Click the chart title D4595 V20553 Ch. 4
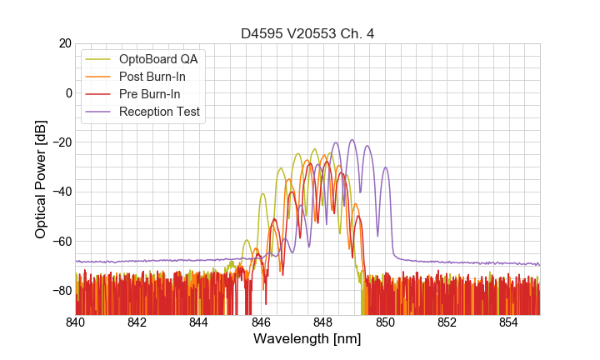point(307,34)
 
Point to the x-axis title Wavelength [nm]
point(307,339)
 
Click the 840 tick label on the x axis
point(76,322)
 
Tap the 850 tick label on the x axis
point(385,322)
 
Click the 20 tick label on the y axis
point(64,43)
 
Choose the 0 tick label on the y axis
point(67,92)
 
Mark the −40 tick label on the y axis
point(60,192)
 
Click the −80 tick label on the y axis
point(60,291)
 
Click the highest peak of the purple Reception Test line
point(352,140)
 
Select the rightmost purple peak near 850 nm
point(385,168)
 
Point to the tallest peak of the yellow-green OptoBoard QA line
point(314,149)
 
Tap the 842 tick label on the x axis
point(137,322)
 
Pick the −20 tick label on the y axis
point(60,142)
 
